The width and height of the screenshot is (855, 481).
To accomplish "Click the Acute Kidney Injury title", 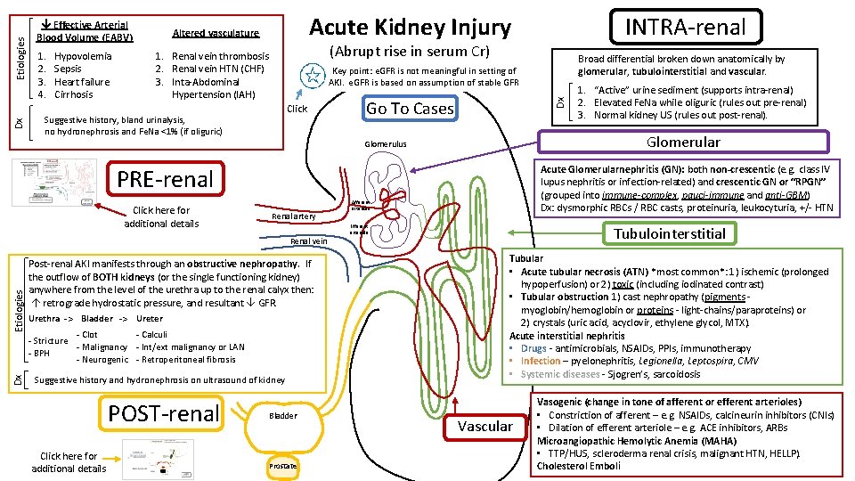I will coord(410,28).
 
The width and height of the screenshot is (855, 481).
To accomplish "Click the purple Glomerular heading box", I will coord(682,142).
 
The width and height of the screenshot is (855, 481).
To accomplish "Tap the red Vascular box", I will coord(484,427).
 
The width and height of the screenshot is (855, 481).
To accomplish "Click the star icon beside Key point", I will coord(311,77).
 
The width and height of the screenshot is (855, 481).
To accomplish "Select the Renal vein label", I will coord(309,240).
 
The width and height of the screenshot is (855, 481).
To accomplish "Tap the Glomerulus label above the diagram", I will coord(386,144).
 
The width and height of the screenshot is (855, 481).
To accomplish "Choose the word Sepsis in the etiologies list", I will coord(68,69).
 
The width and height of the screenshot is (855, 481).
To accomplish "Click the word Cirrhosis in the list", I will coord(73,94).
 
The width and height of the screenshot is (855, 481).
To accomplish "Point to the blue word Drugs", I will coord(533,348).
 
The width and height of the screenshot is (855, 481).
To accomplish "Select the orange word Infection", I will coord(541,362).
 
